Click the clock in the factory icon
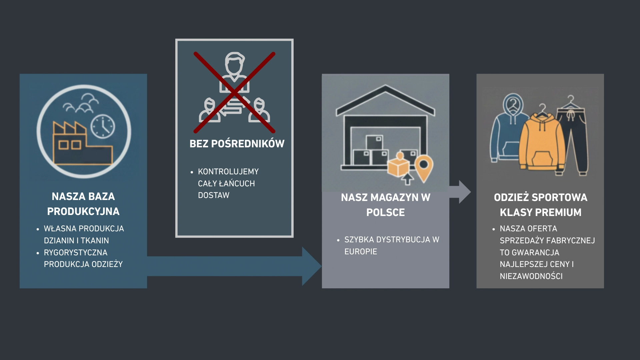point(103,127)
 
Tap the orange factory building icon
point(83,143)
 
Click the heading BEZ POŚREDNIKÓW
point(237,144)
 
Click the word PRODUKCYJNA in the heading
point(83,212)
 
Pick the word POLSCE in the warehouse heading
point(385,213)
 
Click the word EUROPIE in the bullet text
point(361,252)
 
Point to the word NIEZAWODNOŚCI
point(531,276)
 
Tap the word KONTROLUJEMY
point(228,172)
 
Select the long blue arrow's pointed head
point(312,266)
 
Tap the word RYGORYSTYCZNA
point(76,253)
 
